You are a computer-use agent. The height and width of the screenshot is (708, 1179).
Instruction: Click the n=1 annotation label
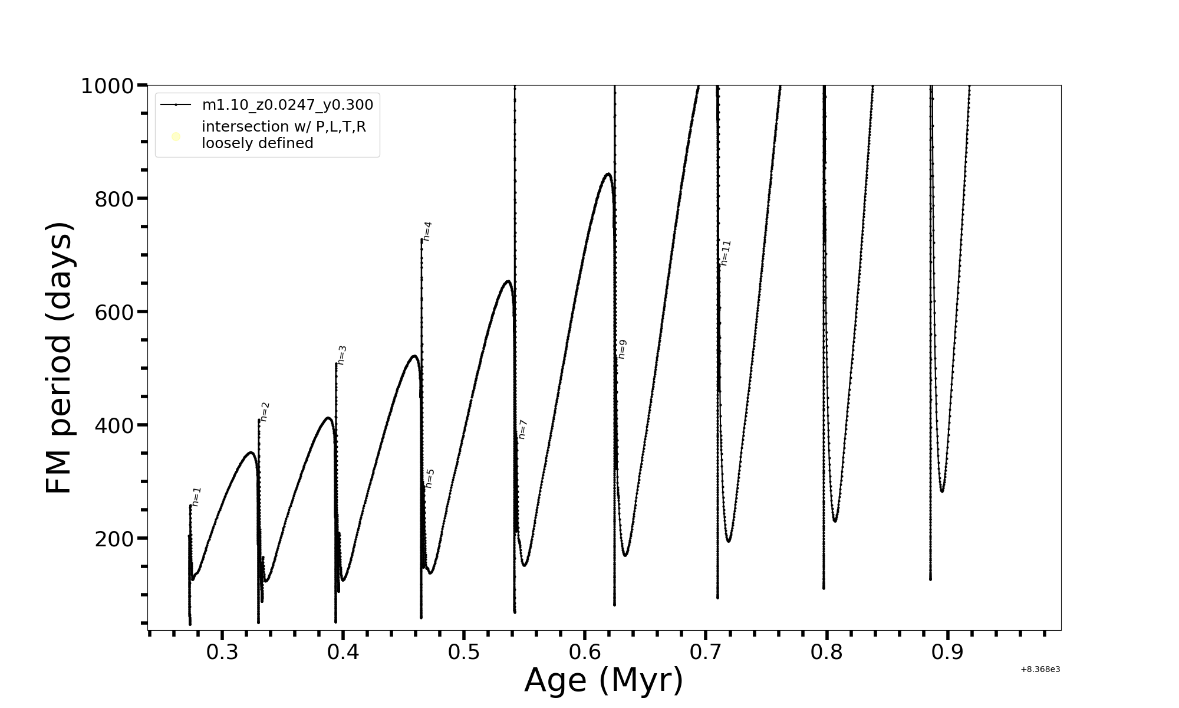coord(197,497)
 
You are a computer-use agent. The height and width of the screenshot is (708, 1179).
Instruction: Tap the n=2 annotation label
coord(265,412)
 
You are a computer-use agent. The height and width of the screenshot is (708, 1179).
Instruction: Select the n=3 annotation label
coord(342,355)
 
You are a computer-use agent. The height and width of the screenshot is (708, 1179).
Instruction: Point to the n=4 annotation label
coord(427,231)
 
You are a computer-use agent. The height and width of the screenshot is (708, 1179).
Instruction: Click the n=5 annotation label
coord(430,478)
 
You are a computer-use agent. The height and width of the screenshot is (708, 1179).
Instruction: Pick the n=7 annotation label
coord(522,430)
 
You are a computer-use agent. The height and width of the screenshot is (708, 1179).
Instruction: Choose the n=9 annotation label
coord(622,349)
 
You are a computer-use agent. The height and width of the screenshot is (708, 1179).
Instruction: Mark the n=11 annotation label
coord(725,253)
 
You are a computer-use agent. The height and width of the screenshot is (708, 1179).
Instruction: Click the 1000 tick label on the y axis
coord(107,86)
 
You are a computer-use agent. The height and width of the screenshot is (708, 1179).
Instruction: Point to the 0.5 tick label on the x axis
coord(464,653)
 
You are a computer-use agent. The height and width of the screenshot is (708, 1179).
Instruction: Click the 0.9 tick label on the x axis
coord(947,653)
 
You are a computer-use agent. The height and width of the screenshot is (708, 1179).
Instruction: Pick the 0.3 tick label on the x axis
coord(222,653)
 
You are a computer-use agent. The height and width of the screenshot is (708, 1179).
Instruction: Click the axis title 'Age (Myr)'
coord(604,680)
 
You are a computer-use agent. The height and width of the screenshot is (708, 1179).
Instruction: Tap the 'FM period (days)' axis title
coord(60,358)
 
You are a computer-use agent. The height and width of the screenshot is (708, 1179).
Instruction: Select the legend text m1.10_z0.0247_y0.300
coord(288,105)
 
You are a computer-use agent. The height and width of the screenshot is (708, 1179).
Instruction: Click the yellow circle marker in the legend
coord(176,137)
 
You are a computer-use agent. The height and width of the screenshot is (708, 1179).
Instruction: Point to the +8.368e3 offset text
coord(1040,669)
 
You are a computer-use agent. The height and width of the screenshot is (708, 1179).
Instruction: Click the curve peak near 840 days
coord(608,173)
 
